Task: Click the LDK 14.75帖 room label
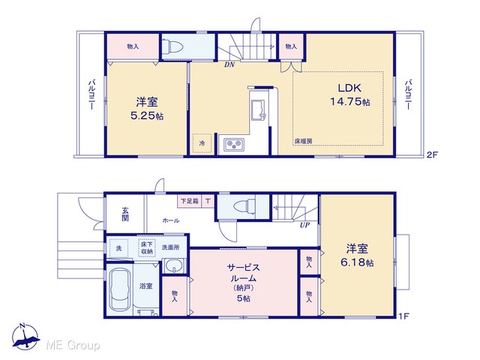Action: [350, 94]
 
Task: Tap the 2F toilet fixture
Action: [172, 46]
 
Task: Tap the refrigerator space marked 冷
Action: [202, 143]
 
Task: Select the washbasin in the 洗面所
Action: [174, 265]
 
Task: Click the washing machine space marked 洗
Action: [118, 248]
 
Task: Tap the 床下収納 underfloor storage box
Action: [147, 248]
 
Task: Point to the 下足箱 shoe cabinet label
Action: [190, 201]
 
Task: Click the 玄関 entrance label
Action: [125, 214]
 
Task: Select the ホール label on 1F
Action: [171, 220]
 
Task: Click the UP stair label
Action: [304, 225]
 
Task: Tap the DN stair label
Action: [229, 64]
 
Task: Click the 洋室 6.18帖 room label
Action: [357, 255]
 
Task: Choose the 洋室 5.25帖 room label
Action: [147, 109]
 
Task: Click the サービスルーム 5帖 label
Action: [244, 283]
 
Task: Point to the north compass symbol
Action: [25, 336]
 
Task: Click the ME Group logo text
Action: [73, 345]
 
